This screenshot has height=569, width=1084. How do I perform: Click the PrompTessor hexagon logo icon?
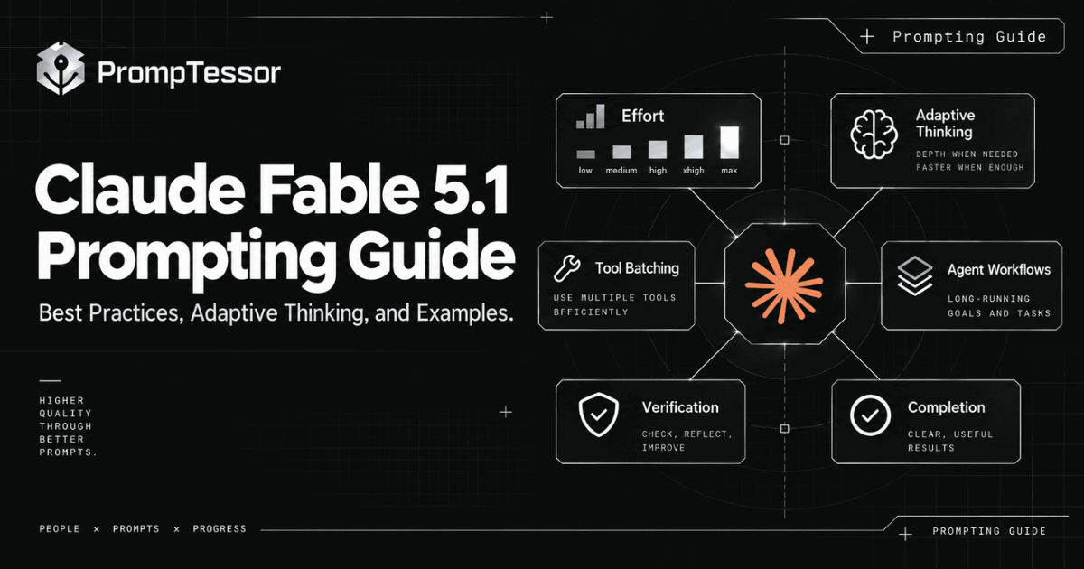click(x=61, y=69)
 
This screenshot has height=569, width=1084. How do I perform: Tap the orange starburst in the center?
click(x=784, y=285)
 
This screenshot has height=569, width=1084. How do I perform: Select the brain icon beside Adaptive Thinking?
click(x=874, y=135)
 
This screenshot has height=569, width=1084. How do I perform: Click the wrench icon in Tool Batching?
click(x=566, y=268)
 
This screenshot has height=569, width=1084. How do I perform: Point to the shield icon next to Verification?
click(x=599, y=415)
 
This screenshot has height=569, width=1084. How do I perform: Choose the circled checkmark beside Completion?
click(x=870, y=415)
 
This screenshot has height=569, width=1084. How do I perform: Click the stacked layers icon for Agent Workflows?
click(x=914, y=275)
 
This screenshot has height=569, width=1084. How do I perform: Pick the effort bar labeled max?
click(x=729, y=143)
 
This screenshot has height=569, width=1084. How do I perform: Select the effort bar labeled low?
click(x=585, y=154)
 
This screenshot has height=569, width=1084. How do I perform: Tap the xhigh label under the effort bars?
click(x=694, y=171)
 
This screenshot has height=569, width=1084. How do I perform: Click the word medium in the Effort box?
click(x=621, y=171)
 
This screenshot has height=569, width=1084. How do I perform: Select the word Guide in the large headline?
click(x=430, y=255)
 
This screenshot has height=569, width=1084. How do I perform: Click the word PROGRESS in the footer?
click(x=220, y=529)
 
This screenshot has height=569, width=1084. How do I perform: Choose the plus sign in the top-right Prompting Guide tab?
click(x=867, y=36)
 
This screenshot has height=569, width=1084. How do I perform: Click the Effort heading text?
click(x=642, y=117)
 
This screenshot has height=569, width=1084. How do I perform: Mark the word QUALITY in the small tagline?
click(x=65, y=414)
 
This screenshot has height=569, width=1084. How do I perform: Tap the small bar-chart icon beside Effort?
click(x=591, y=117)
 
